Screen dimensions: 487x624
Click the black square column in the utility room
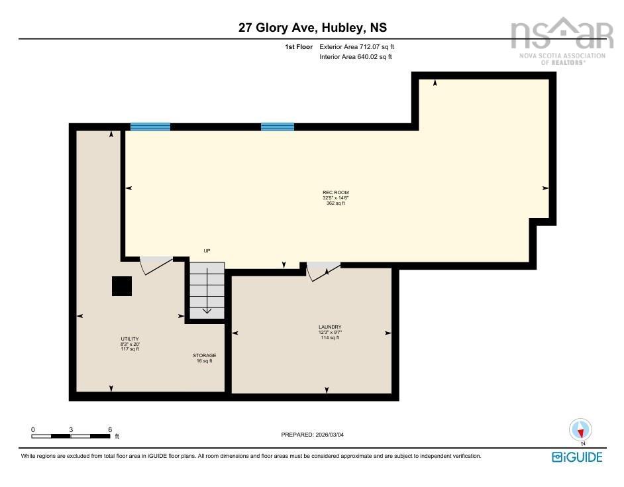click(122, 286)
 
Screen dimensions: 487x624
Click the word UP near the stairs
click(207, 250)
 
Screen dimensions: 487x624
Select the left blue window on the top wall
click(150, 127)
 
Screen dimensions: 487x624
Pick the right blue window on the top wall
click(277, 127)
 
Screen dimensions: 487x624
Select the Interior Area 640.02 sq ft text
click(356, 57)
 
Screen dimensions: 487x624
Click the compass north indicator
click(581, 430)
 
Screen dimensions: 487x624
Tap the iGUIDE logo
click(577, 457)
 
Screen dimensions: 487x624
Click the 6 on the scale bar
click(110, 429)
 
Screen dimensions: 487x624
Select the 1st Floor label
click(299, 47)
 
